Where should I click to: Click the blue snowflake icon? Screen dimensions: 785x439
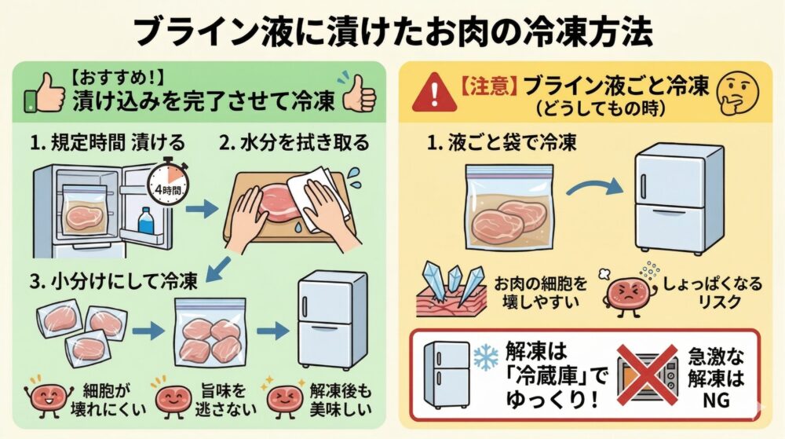tap(486, 357)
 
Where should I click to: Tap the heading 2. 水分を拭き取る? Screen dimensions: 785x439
tap(294, 143)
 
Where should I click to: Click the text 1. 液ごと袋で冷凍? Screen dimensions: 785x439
tap(502, 143)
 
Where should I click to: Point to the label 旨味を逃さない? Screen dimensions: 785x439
tap(225, 400)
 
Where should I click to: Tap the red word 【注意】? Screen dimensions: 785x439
tap(487, 87)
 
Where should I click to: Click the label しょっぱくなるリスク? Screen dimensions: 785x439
tap(713, 292)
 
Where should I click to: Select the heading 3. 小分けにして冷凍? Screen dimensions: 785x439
tap(114, 281)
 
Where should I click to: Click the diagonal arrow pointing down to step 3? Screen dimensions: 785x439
tap(219, 269)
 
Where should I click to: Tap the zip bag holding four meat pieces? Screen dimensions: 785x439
tap(210, 332)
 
